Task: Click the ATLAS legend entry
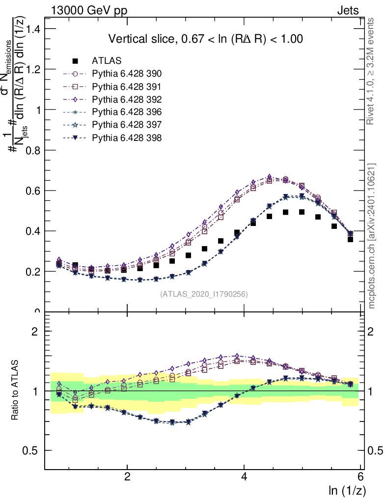107,61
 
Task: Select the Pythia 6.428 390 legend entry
127,74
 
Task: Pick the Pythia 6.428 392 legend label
127,99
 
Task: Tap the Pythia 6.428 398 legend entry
127,138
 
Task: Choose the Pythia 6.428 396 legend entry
127,112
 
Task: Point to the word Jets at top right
348,10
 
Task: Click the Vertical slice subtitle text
205,39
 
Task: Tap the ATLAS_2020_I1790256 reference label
203,294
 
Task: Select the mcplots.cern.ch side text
372,236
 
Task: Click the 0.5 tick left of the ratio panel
34,450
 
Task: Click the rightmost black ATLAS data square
351,239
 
